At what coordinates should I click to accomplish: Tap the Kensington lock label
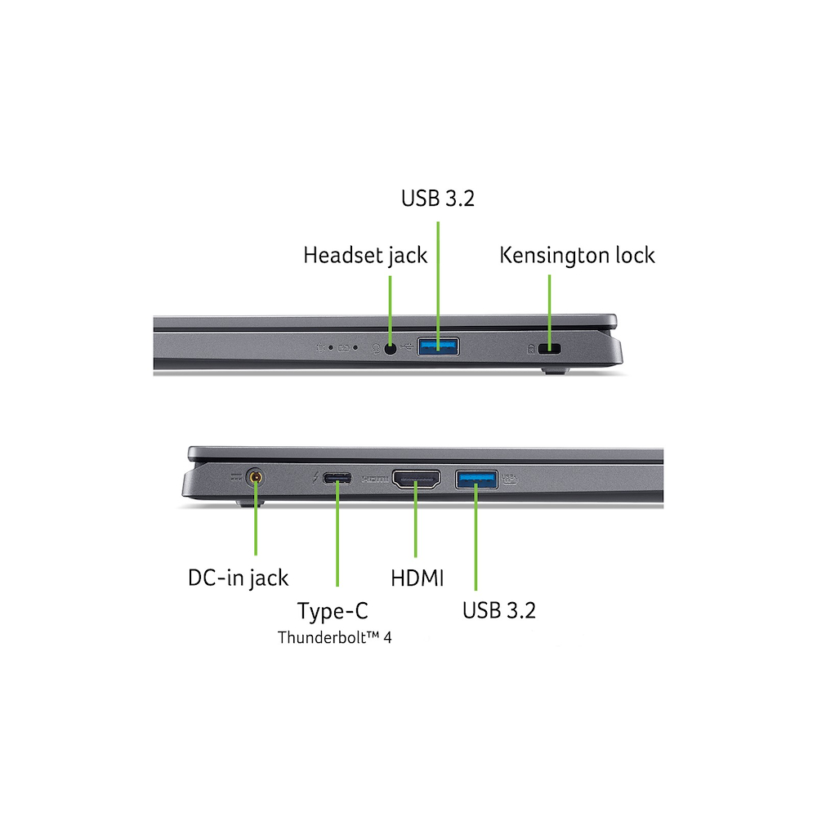[577, 256]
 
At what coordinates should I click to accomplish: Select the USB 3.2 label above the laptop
[438, 199]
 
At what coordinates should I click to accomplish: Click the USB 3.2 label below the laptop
[498, 610]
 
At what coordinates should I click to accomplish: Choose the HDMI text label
[417, 578]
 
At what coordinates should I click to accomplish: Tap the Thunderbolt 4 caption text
[334, 637]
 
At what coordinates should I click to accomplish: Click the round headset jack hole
[391, 348]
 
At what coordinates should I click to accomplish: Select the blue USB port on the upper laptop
[438, 346]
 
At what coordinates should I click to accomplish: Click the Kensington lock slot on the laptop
[549, 349]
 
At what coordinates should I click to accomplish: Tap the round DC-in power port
[255, 477]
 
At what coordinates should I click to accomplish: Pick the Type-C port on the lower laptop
[337, 478]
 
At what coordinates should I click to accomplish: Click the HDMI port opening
[417, 480]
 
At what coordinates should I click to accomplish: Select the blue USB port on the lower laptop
[476, 480]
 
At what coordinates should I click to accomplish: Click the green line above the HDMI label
[415, 520]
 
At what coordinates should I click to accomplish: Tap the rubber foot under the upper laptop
[556, 371]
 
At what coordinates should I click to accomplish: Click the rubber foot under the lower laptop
[249, 503]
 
